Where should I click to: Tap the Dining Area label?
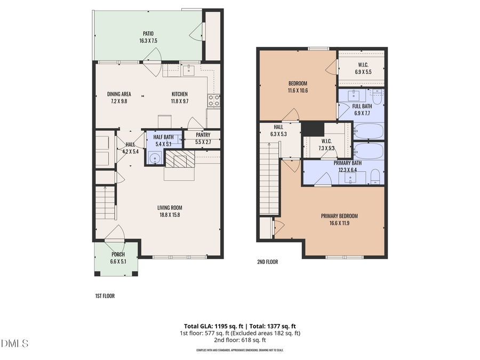[119, 94]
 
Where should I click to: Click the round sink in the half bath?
[155, 158]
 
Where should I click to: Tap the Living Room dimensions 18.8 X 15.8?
[170, 215]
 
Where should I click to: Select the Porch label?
[118, 254]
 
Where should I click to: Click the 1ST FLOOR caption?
[101, 295]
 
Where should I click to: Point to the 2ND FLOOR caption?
[267, 262]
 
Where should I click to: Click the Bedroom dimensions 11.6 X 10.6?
[298, 90]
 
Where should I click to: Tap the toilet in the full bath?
[377, 97]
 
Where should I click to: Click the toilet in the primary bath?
[375, 177]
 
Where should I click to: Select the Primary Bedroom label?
[339, 216]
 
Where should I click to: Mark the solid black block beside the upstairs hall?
[313, 129]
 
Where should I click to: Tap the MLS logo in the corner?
[15, 343]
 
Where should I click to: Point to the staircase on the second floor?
[270, 181]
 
